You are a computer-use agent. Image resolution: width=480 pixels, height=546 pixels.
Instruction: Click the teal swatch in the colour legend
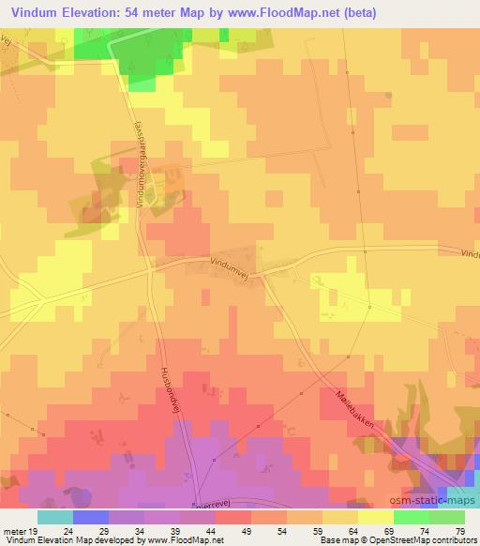coord(54,517)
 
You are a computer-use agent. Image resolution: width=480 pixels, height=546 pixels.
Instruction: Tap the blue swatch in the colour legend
coord(90,517)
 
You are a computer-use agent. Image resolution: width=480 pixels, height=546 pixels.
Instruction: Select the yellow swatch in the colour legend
coord(376,517)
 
